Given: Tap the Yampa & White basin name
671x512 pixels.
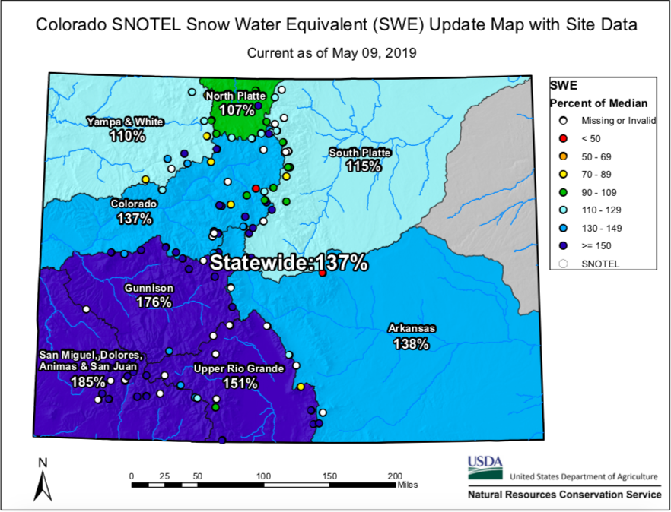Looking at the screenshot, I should (x=115, y=122).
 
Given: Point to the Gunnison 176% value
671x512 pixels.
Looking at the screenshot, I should (x=154, y=302).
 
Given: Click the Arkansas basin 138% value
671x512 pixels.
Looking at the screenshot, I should (x=412, y=343).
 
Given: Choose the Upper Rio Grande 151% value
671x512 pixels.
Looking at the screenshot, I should (x=240, y=383).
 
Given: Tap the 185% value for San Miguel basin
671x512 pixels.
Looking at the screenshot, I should (x=83, y=381).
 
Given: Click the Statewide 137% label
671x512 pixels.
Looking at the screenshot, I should (x=289, y=264).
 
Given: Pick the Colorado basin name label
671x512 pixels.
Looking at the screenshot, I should (x=134, y=204).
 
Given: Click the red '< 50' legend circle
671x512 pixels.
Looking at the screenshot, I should (x=564, y=138).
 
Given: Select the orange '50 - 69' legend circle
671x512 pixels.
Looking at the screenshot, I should (x=564, y=156).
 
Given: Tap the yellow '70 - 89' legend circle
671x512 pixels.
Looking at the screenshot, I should (x=564, y=174).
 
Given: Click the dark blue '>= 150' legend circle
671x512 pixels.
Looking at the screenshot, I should (x=564, y=245).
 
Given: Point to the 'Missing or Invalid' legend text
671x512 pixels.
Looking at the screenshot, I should (x=619, y=121).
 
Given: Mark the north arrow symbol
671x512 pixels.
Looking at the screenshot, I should (x=43, y=482).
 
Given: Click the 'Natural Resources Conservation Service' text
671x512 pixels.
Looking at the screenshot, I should (x=564, y=495).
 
